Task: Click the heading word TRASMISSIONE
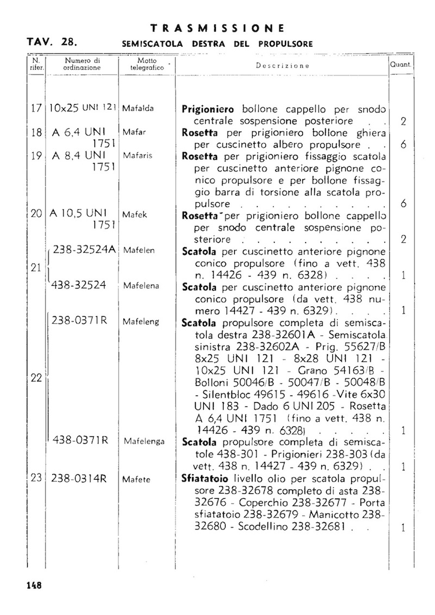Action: click(217, 28)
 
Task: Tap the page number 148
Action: click(34, 585)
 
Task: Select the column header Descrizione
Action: click(282, 66)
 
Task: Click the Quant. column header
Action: click(400, 64)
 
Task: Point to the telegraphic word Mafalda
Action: click(138, 108)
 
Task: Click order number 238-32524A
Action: click(84, 250)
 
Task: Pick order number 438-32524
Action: click(79, 286)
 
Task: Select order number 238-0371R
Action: click(79, 321)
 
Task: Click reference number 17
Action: click(36, 108)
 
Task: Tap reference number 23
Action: click(36, 479)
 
